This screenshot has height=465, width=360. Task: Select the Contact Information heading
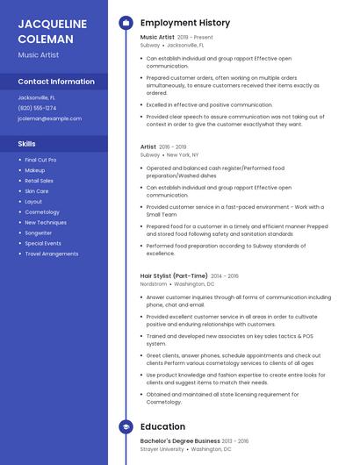(56, 82)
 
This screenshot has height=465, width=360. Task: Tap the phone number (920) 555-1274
(37, 108)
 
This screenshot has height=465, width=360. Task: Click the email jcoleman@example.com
(49, 118)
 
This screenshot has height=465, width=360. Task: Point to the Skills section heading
(27, 143)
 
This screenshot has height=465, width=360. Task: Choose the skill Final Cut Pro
(40, 160)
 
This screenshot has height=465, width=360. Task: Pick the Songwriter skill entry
(39, 232)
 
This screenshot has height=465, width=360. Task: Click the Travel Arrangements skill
(51, 254)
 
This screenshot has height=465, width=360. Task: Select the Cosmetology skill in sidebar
(42, 211)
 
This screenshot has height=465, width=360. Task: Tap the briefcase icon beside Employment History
(125, 23)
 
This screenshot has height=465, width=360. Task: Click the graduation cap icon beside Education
(125, 427)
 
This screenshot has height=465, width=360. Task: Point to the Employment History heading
(184, 23)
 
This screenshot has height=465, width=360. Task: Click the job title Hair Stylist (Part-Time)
(174, 275)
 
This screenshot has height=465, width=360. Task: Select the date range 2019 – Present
(195, 38)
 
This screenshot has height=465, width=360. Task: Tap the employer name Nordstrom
(154, 284)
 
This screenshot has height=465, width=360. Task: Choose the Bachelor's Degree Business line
(180, 440)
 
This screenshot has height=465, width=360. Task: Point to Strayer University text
(162, 449)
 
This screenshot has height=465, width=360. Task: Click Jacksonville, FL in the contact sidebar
(36, 97)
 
